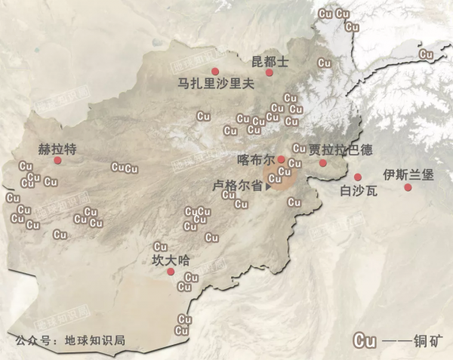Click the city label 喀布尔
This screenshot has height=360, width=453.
coord(254,160)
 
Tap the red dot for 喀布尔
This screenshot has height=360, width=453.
coord(281,159)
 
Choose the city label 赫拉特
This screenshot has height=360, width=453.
coord(57,149)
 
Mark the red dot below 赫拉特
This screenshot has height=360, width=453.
coord(57,161)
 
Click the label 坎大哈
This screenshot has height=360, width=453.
coord(169,260)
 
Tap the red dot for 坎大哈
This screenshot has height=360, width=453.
coord(171,272)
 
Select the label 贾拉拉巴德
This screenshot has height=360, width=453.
coord(341,149)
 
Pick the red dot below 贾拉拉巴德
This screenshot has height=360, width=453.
coord(323,162)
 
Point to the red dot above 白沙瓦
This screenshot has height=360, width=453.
coord(358,177)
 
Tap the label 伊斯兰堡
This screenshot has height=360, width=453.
coord(408,174)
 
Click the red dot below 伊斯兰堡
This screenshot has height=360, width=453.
coord(408,186)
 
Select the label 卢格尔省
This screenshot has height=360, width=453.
coord(237,184)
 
